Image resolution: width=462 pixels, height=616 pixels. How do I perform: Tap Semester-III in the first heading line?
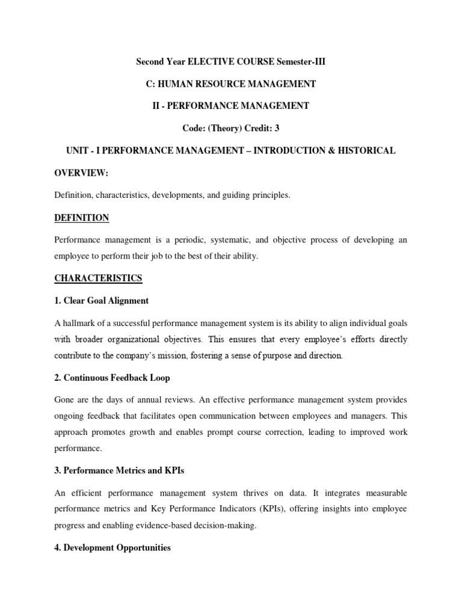coord(301,61)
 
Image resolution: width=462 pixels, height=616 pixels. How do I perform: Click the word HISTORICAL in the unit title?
coord(366,150)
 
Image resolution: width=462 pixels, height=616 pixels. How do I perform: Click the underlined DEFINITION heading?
coord(82,217)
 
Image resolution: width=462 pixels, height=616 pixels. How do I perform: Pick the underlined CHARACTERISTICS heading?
coord(98,278)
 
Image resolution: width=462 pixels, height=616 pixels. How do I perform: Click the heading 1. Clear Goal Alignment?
coord(102,300)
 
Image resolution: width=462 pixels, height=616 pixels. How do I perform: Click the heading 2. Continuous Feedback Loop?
coord(112,378)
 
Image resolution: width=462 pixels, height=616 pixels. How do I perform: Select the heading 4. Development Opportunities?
coord(113,548)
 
